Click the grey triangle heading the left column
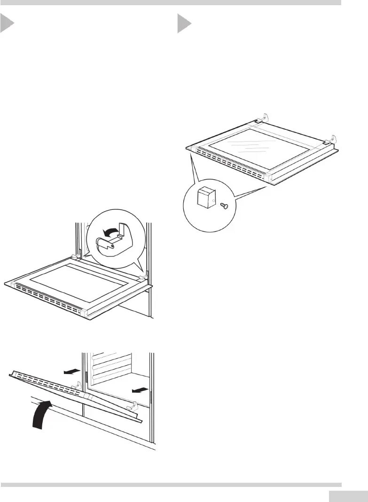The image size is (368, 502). (7, 24)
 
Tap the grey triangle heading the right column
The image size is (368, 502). (184, 24)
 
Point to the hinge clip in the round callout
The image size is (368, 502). (113, 242)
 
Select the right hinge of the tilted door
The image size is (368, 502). (133, 405)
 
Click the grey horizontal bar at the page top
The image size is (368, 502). (170, 2)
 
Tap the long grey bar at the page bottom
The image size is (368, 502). (170, 484)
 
